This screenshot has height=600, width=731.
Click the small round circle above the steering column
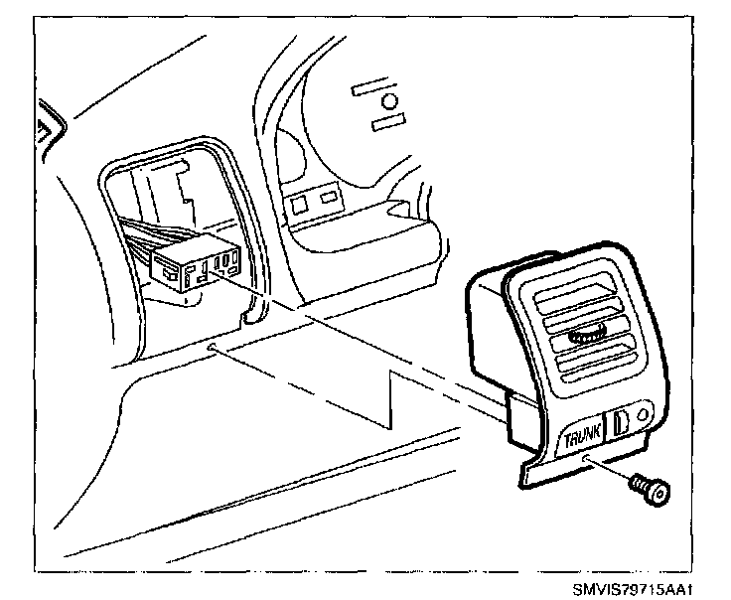coord(390,102)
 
